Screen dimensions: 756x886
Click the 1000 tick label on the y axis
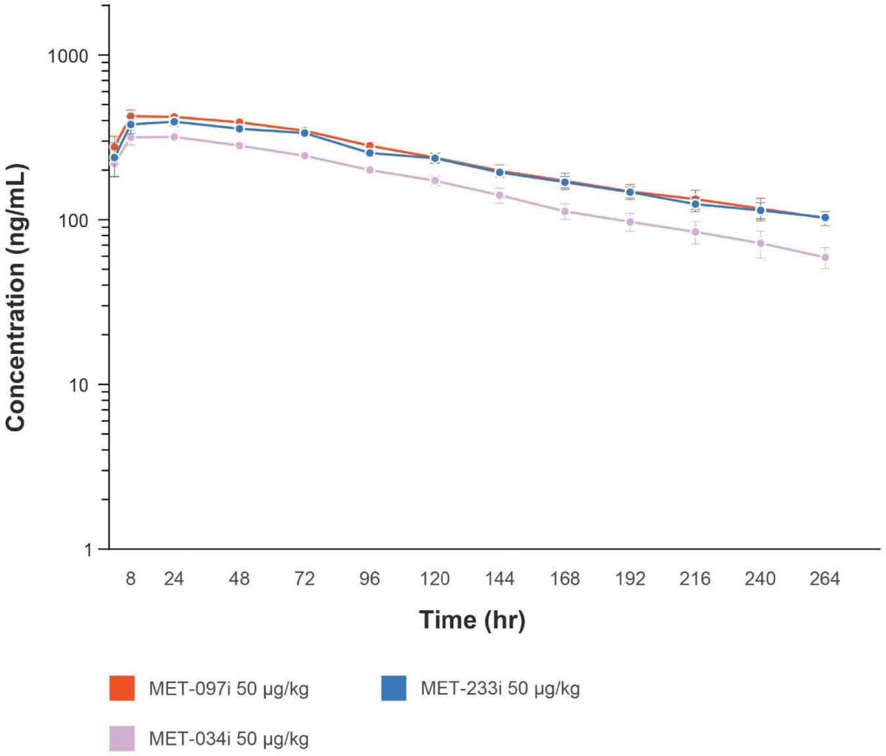(67, 56)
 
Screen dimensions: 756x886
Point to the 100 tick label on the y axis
(73, 220)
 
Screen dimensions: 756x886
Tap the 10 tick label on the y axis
(78, 385)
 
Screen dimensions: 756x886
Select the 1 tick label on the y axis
(88, 549)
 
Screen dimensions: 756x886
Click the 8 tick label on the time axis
(131, 578)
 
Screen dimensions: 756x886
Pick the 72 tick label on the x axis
(304, 578)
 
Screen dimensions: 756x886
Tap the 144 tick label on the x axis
(499, 578)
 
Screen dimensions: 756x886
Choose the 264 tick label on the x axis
(824, 578)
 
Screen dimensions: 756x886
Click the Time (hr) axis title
(472, 620)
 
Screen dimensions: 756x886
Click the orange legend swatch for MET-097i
(122, 688)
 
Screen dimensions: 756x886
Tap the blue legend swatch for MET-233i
(394, 688)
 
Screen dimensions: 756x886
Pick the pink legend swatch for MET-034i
(122, 738)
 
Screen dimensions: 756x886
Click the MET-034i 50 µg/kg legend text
(228, 738)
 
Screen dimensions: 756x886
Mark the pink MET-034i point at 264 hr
(825, 257)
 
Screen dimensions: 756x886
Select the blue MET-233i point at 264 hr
(825, 217)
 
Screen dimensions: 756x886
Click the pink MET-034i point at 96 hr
(369, 170)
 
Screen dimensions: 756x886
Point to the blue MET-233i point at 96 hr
(369, 153)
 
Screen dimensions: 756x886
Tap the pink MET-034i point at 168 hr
(564, 211)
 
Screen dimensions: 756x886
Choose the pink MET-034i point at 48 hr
(240, 146)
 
